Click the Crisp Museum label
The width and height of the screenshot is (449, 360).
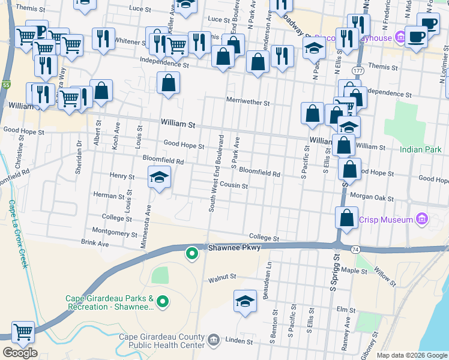(385, 220)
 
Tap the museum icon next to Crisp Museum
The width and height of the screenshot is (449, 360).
(421, 220)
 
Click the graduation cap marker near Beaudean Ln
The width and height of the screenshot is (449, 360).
(245, 301)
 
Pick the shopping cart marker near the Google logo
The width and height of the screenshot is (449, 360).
(23, 331)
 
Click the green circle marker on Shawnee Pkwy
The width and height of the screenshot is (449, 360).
(192, 254)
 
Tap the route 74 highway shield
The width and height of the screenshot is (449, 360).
(355, 248)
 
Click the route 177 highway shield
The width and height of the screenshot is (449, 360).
(358, 70)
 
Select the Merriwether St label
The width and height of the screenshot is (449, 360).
(247, 102)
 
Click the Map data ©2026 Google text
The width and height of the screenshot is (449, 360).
(411, 355)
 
